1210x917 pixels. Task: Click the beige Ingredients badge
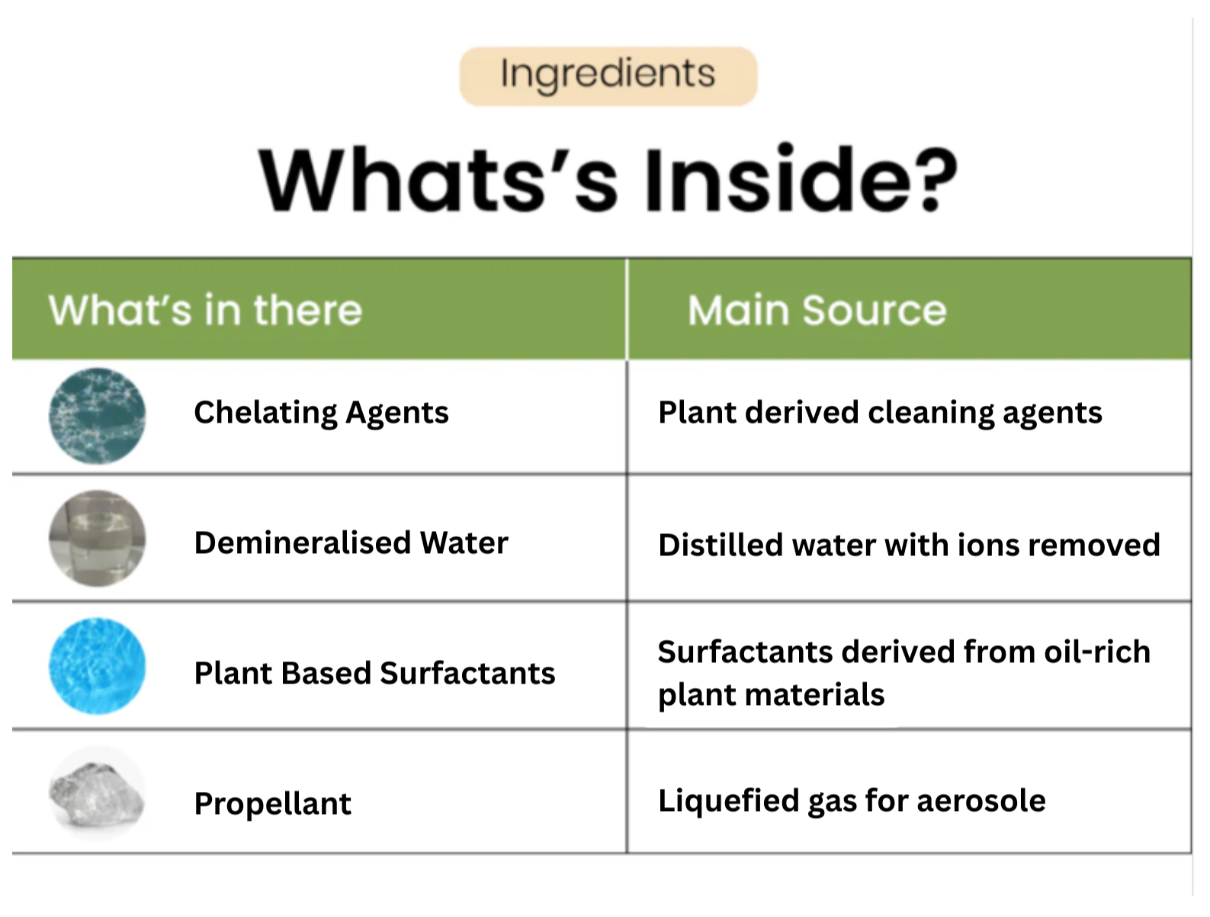coord(608,76)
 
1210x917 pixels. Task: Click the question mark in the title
coord(929,180)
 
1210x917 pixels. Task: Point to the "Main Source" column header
coord(817,310)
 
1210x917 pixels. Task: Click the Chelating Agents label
coord(322,413)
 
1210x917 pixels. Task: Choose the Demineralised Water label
coord(351,542)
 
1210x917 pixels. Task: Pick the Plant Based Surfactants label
coord(375,673)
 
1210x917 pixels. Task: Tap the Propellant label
coord(272,803)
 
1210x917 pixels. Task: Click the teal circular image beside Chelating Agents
coord(97,416)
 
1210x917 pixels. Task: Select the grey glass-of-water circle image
coord(97,538)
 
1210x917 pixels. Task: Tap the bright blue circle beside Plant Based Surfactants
coord(97,666)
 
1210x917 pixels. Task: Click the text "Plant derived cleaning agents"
coord(880,413)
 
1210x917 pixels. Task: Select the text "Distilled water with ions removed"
coord(909,545)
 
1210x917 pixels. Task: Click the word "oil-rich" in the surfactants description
coord(1097,652)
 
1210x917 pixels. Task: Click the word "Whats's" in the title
coord(438,179)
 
